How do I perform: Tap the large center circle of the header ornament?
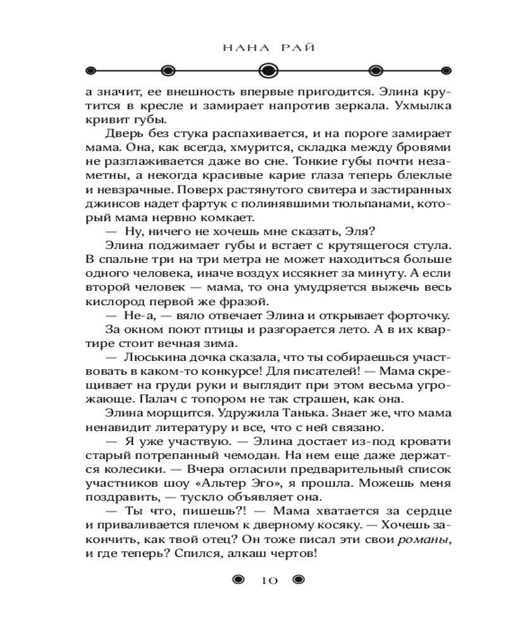tap(269, 70)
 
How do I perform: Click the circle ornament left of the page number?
tap(238, 580)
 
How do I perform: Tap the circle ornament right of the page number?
tap(299, 580)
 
